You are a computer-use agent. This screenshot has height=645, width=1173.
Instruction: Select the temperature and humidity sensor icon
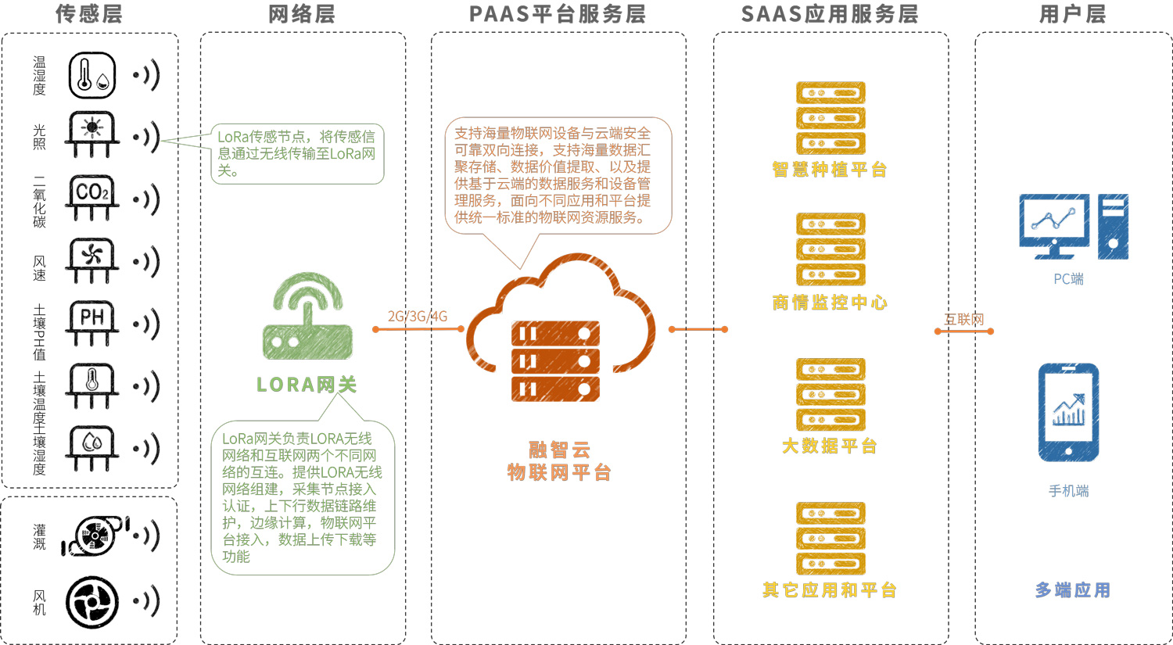(92, 75)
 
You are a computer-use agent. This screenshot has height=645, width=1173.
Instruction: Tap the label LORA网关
(307, 385)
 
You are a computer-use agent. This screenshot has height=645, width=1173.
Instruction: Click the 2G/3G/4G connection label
(418, 317)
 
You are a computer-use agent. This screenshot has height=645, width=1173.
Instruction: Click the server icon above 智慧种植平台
(830, 117)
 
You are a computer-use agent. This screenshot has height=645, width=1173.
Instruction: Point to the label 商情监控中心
(830, 303)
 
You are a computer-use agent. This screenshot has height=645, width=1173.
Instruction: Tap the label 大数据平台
(830, 446)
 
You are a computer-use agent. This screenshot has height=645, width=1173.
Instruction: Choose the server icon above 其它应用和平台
(830, 538)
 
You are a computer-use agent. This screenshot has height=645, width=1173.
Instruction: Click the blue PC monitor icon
(1054, 226)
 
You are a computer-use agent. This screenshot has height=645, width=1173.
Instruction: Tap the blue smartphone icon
(1068, 412)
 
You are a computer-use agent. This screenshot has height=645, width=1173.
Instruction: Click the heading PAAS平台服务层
(558, 14)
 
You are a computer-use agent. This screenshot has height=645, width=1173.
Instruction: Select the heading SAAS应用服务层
(830, 14)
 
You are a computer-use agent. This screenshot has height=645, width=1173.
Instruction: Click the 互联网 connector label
(964, 319)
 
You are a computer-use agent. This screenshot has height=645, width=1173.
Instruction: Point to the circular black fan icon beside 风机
(92, 603)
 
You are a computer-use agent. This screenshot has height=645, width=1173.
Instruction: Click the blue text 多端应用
(1072, 590)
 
